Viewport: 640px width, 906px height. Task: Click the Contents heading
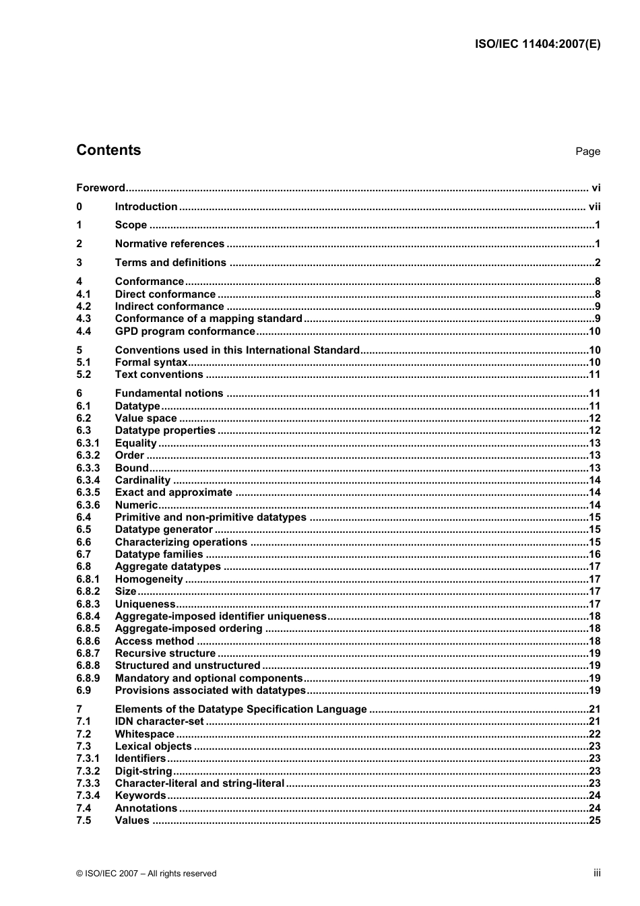tap(108, 150)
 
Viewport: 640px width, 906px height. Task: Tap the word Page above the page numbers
tap(587, 152)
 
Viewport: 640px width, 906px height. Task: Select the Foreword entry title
tap(100, 188)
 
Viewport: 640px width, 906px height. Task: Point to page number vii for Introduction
tap(594, 207)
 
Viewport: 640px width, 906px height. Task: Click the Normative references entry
tap(169, 244)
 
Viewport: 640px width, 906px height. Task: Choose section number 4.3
tap(84, 319)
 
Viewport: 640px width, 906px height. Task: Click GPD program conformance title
tap(185, 331)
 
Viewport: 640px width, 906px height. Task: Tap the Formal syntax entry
tap(151, 362)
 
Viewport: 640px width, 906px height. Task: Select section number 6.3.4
tap(88, 480)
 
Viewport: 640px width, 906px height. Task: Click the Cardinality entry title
tap(142, 480)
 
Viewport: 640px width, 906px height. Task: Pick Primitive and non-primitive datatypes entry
tap(210, 517)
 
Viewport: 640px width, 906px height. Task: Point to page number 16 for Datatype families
tap(594, 554)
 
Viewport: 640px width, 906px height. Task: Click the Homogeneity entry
tap(149, 579)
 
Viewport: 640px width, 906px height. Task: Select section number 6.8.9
tap(88, 678)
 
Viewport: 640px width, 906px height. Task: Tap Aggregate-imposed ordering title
tap(189, 628)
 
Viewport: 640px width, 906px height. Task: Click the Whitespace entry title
tap(144, 734)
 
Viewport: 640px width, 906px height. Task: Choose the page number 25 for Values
tap(594, 820)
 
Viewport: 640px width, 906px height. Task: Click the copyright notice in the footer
tap(146, 874)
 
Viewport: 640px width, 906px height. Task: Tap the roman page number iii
tap(597, 873)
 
